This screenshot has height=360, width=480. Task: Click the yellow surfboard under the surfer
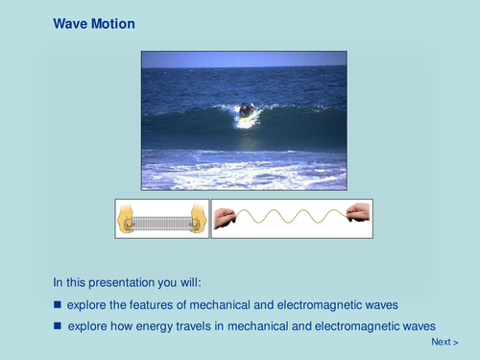(247, 122)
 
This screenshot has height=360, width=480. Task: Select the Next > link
(444, 342)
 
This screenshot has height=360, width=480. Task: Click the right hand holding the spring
(197, 219)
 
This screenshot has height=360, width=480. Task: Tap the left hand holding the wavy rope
(225, 218)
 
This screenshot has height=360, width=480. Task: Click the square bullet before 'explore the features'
(58, 305)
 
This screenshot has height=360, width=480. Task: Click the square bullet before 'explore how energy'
(58, 326)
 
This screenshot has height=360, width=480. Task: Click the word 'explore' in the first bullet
(87, 305)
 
